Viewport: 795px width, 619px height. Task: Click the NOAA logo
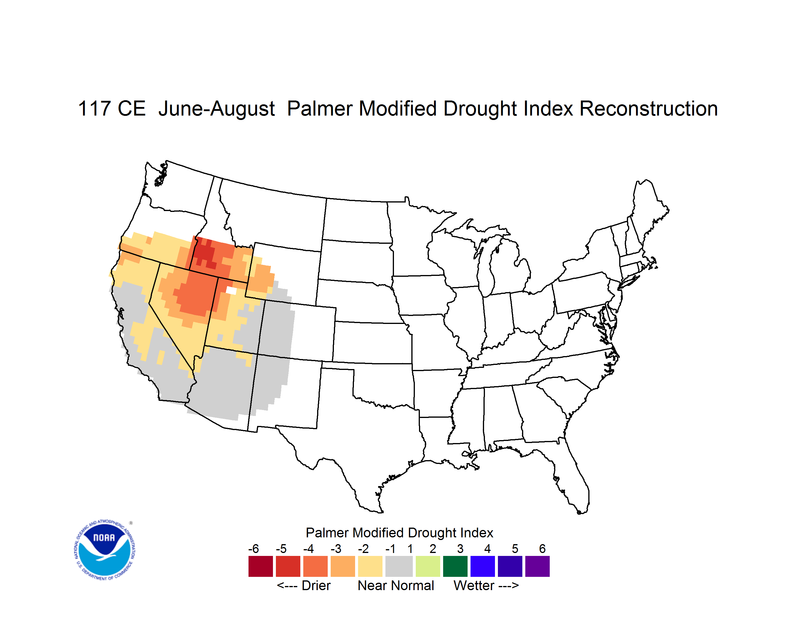105,550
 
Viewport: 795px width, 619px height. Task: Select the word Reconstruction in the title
648,108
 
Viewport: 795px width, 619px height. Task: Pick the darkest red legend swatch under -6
261,566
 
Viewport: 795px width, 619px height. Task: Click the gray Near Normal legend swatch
399,566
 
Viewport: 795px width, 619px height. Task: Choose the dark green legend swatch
455,566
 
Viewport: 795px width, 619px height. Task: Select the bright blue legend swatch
483,566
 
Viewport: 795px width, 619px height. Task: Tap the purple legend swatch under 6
537,566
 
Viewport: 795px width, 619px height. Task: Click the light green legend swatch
428,566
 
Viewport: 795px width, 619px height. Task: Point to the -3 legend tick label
336,549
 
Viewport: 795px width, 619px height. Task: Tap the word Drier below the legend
316,585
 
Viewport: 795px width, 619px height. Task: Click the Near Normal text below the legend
396,585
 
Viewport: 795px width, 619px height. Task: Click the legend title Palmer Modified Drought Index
399,533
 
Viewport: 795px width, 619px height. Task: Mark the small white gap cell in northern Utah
231,290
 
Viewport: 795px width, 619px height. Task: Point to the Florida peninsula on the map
573,477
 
